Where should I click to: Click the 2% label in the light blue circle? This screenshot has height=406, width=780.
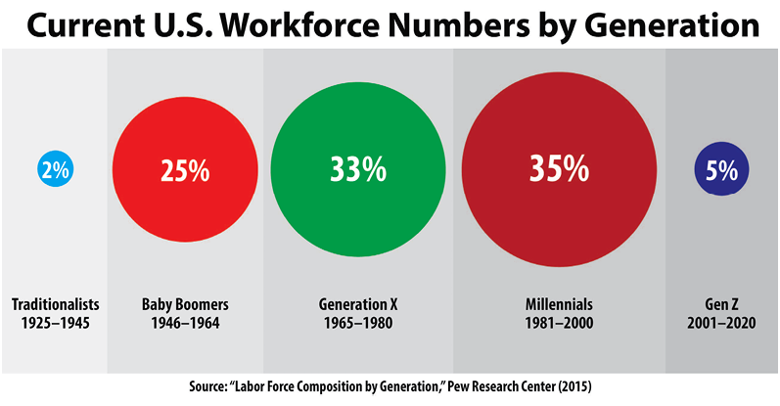point(55,170)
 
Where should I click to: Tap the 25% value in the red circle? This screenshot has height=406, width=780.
point(185,170)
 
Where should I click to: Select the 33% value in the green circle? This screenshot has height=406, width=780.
point(358,170)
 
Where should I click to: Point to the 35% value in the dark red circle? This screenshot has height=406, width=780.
point(559,169)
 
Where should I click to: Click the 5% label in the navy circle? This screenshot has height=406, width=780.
point(721,170)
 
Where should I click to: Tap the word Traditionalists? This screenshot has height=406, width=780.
point(55,303)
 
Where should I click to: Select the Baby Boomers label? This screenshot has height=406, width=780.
point(185,303)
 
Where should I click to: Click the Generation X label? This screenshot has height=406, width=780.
point(357,303)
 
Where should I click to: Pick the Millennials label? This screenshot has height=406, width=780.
point(559,303)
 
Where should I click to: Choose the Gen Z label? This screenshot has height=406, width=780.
point(722,303)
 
